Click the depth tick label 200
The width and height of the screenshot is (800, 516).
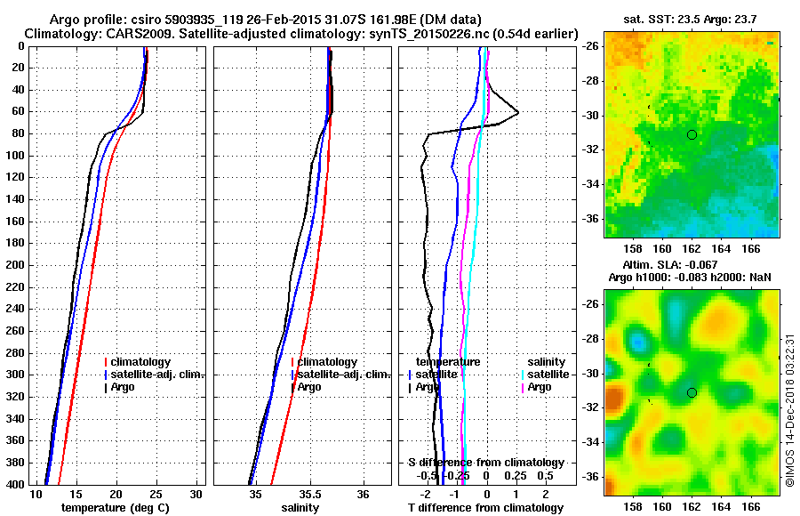(x=16, y=265)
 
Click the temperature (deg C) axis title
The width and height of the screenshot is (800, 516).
(x=115, y=508)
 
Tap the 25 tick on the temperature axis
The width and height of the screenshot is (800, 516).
(x=156, y=494)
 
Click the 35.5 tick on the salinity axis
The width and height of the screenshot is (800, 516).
(x=309, y=494)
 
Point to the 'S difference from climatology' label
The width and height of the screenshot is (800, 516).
(x=485, y=463)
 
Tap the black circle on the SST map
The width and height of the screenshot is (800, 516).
(x=692, y=134)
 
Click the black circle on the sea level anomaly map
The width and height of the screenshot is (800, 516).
(x=692, y=392)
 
